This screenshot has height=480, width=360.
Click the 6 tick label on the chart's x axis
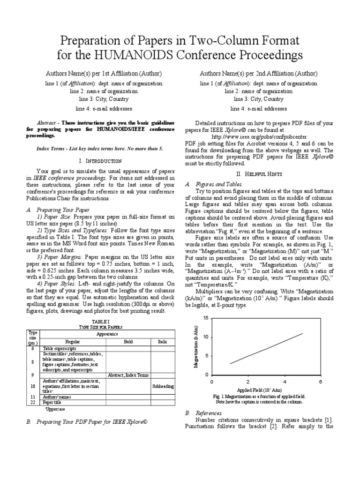(321, 382)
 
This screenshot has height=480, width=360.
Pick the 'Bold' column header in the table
(128, 342)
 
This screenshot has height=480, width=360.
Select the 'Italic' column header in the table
(162, 342)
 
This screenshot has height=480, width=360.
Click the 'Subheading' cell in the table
(163, 386)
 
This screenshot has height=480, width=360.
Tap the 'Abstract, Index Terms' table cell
(128, 375)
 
